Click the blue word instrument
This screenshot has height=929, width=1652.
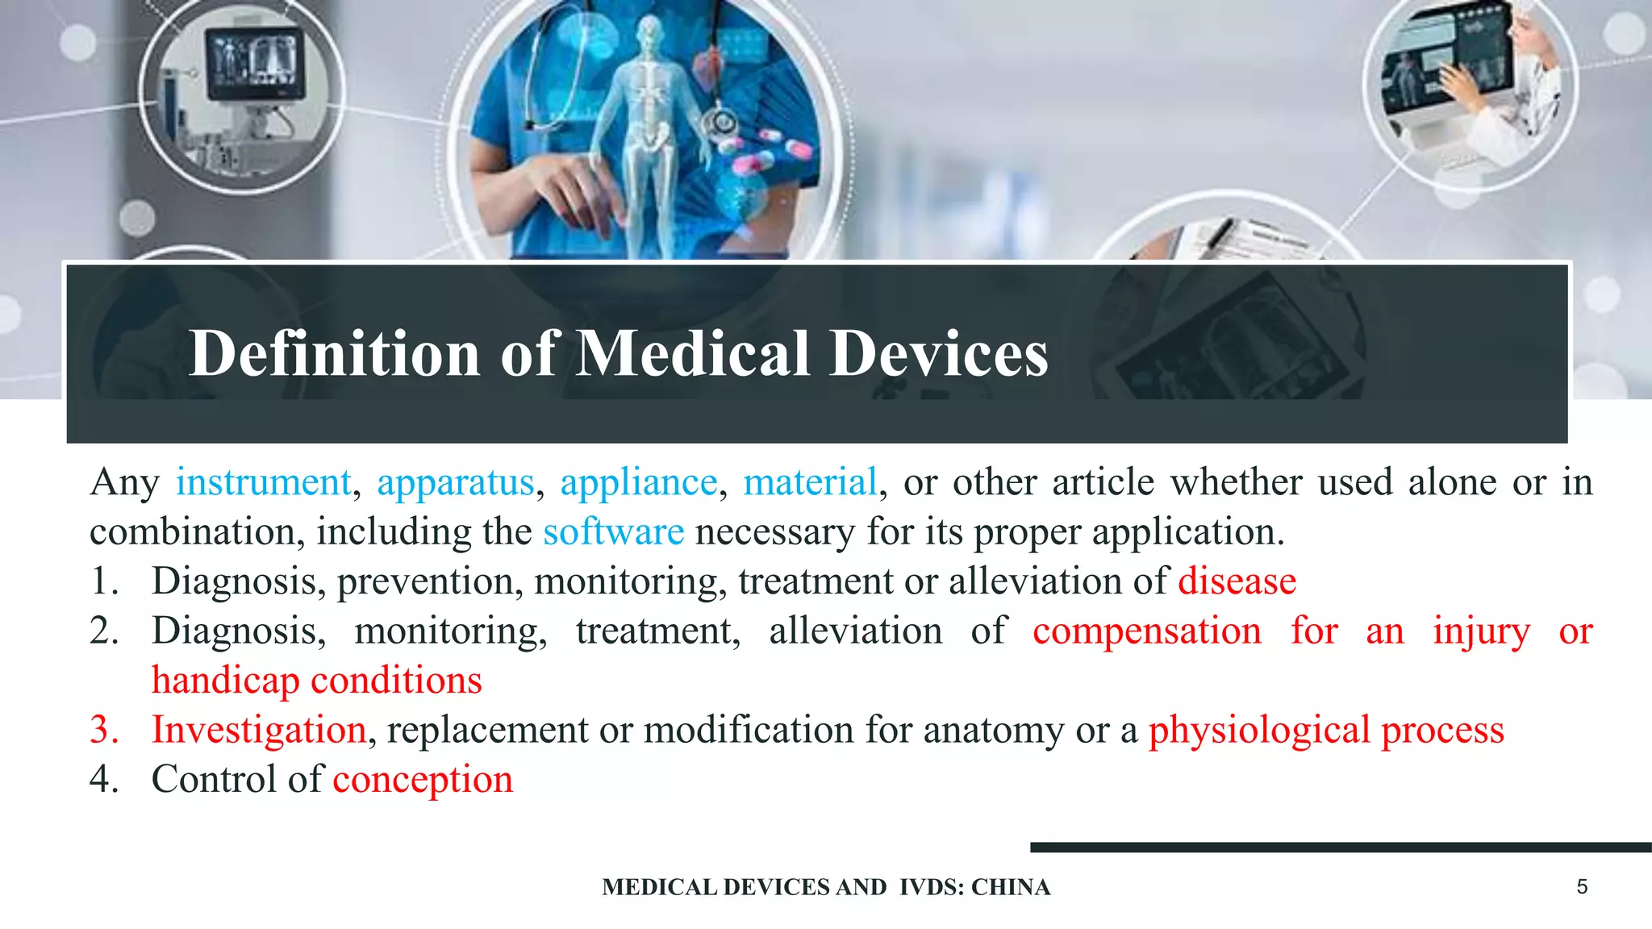click(x=264, y=483)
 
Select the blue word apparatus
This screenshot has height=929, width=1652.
click(x=456, y=483)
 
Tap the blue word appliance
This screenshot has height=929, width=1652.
click(x=639, y=483)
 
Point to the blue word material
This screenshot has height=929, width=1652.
click(x=810, y=483)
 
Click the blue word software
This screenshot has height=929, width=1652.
click(x=613, y=532)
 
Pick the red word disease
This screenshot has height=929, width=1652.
click(x=1237, y=581)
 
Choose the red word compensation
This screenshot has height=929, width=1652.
click(x=1147, y=631)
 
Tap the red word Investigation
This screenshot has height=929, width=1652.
click(x=259, y=731)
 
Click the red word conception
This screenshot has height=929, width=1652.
click(x=423, y=780)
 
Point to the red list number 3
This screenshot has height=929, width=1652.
click(x=104, y=730)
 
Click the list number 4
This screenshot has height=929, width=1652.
click(x=104, y=780)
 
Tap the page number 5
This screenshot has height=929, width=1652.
click(x=1582, y=887)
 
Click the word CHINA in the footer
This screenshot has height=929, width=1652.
click(x=1011, y=887)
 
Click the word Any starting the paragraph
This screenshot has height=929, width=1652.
click(x=124, y=483)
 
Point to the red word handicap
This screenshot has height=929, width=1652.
click(x=225, y=681)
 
